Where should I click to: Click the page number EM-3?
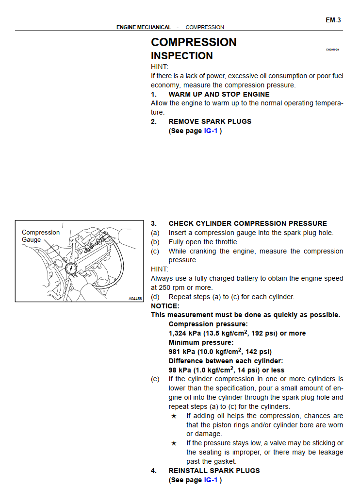[333, 20]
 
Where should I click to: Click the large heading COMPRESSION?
[194, 42]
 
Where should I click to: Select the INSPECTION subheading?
[181, 56]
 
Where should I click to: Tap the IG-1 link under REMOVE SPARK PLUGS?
[211, 131]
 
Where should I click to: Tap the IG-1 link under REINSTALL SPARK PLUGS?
[211, 480]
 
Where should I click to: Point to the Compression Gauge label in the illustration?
[41, 236]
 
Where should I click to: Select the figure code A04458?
[135, 299]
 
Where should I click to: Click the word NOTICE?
[165, 306]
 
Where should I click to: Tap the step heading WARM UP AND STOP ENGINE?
[219, 94]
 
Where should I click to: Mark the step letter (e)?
[155, 379]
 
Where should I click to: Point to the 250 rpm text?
[171, 287]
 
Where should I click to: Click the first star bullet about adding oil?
[174, 416]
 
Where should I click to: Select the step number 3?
[154, 223]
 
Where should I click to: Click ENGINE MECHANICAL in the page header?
[144, 27]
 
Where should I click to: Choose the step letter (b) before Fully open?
[155, 242]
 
